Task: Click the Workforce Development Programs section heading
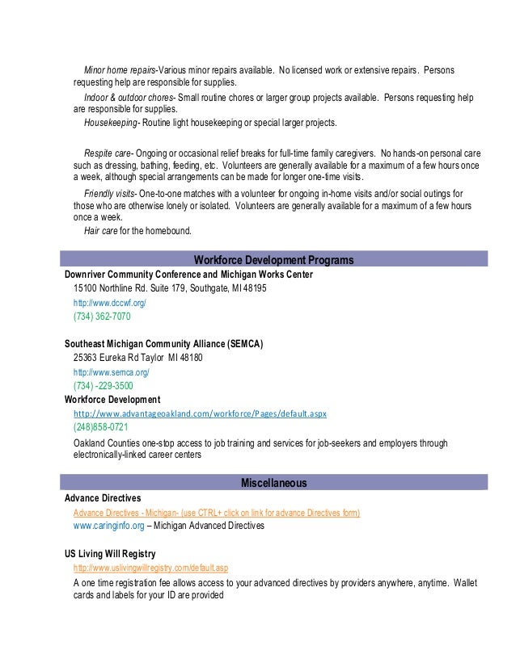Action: point(273,260)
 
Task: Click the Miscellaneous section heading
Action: point(273,483)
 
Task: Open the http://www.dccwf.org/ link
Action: point(110,302)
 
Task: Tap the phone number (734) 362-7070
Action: point(102,317)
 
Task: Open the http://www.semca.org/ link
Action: point(112,371)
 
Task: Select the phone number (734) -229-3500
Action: point(104,386)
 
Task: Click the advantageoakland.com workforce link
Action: point(200,413)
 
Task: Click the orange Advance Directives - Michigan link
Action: point(216,513)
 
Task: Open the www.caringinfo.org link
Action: point(108,526)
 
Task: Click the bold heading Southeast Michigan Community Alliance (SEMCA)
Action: point(163,343)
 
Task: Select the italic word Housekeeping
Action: point(111,123)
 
